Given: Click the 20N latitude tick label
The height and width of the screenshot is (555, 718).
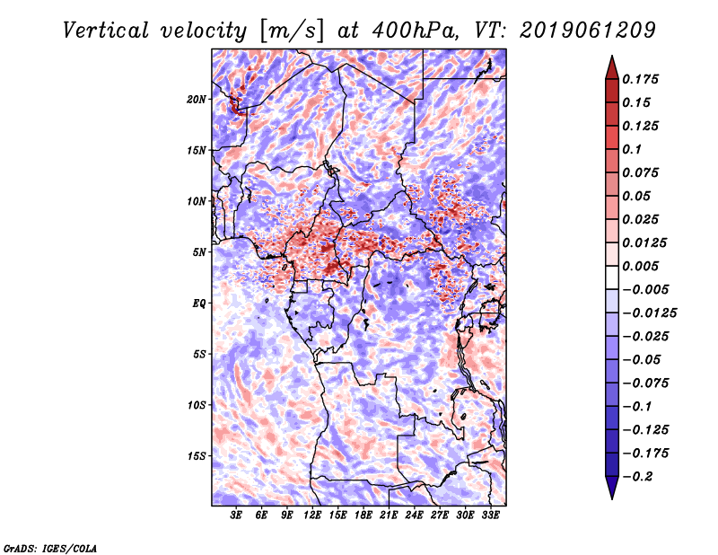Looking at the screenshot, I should point(197,99).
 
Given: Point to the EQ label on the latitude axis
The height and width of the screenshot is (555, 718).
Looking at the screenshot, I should point(198,303).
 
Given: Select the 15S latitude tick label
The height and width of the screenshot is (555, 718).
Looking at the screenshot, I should point(197,455).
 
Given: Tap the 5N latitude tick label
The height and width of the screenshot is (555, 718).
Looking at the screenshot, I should point(198,251).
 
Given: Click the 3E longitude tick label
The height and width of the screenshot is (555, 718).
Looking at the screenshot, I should point(237,517).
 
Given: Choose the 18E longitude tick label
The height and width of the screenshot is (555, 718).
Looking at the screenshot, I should point(363,517).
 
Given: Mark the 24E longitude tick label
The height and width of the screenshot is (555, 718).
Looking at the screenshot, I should point(414,517).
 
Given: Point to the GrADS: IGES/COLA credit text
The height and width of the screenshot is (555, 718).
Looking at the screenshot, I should point(49,547).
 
